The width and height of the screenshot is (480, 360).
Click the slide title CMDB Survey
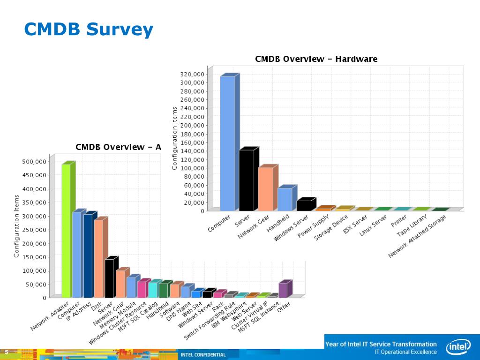pos(89,29)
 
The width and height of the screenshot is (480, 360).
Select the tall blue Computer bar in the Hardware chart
pos(227,143)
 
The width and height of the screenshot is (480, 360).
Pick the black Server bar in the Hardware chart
pos(246,180)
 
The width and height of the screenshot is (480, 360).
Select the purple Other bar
pos(283,290)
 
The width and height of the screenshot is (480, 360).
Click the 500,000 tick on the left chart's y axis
pos(34,162)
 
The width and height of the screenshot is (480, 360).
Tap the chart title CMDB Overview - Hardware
pos(316,59)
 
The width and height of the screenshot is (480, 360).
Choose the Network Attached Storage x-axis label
pos(417,236)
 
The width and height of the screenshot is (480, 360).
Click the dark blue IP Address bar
pos(88,255)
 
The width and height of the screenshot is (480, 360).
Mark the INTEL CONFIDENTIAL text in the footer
pos(203,355)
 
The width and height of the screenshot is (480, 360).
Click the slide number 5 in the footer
pos(7,352)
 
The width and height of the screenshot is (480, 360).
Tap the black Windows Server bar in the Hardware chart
pos(304,205)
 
